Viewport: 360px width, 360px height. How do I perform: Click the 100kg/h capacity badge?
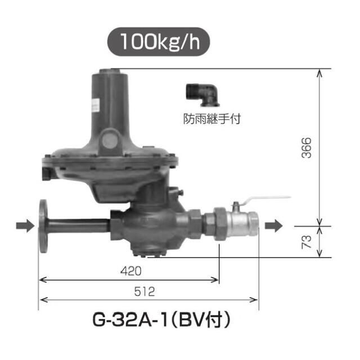click(159, 41)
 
